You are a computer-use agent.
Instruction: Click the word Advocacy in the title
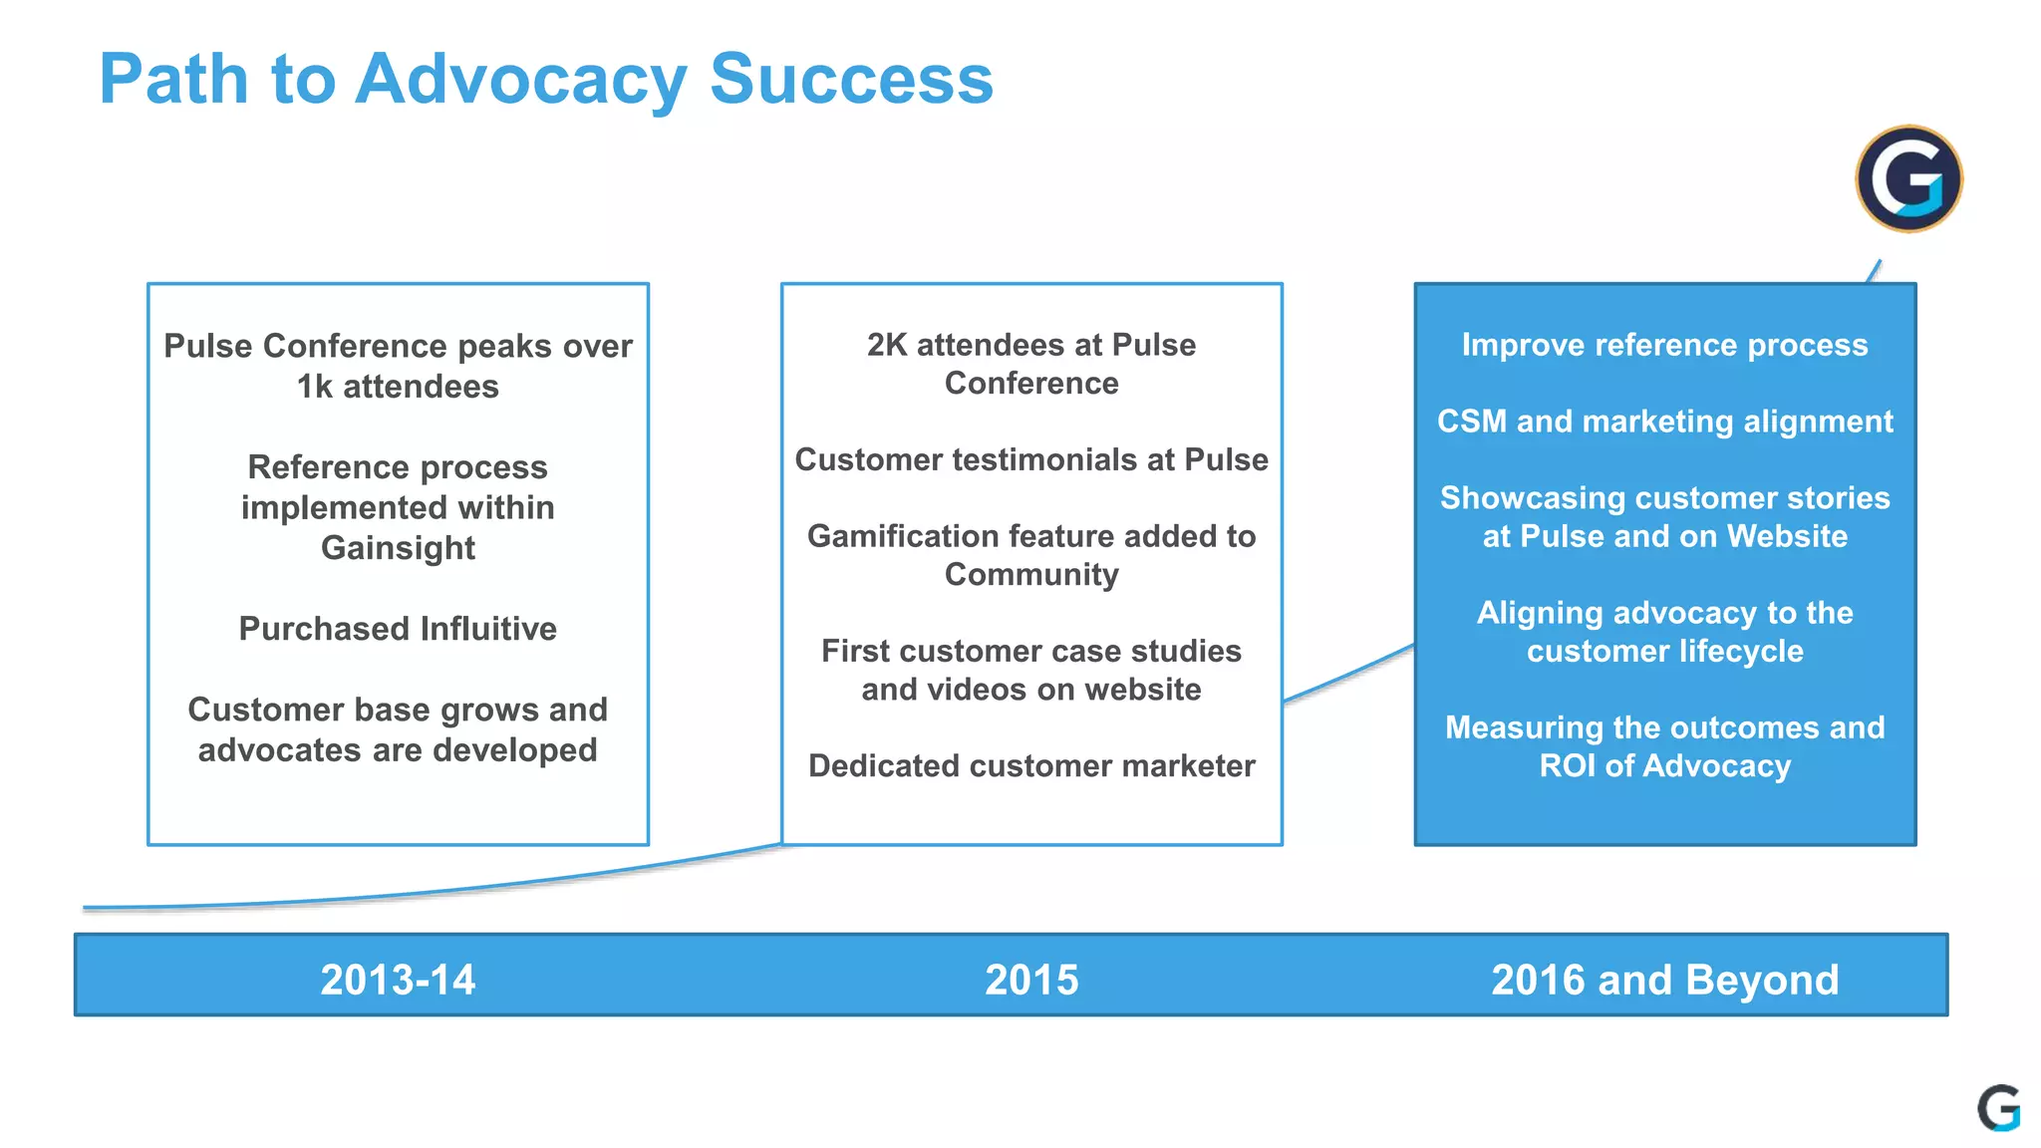[x=520, y=80]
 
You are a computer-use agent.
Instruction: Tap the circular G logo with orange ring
[x=1907, y=179]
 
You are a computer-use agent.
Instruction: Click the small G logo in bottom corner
[x=1998, y=1108]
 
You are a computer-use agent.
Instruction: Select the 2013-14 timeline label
[x=398, y=980]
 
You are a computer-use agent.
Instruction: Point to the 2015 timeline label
[x=1031, y=980]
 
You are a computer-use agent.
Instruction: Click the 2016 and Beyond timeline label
[x=1664, y=980]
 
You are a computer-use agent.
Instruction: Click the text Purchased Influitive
[x=398, y=629]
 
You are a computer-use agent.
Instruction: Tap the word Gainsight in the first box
[x=398, y=548]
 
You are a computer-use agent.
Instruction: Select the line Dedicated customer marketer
[x=1031, y=765]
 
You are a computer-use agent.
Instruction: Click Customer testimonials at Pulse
[x=1031, y=459]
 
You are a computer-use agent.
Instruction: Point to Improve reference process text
[x=1664, y=345]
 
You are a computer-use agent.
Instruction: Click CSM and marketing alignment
[x=1664, y=422]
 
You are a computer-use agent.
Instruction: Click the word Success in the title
[x=851, y=80]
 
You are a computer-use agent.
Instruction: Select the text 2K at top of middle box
[x=887, y=345]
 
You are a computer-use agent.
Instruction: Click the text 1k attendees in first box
[x=398, y=387]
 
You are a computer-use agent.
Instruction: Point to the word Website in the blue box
[x=1787, y=536]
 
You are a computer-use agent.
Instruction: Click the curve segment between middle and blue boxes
[x=1348, y=675]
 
